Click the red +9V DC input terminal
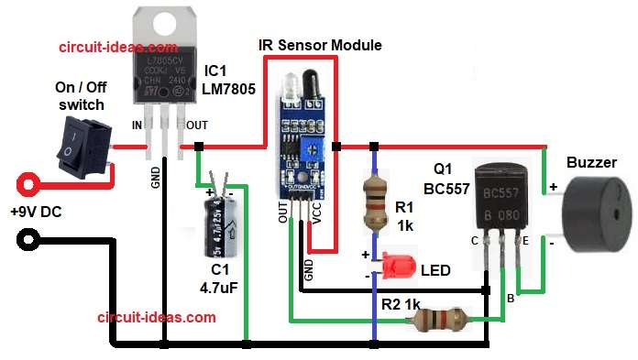point(29,181)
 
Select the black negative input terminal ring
point(29,241)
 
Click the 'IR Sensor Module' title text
point(328,45)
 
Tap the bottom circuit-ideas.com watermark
point(157,317)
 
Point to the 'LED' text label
point(435,271)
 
